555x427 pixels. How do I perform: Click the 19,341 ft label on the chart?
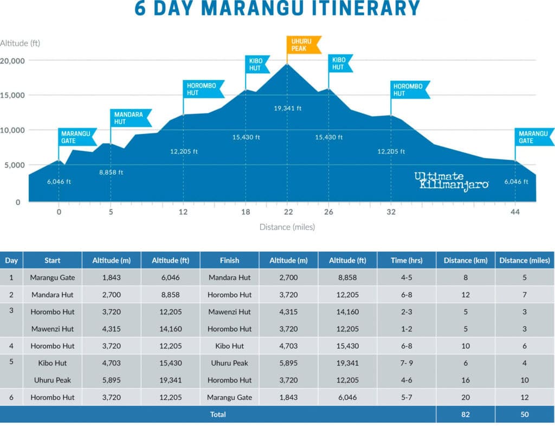(x=287, y=108)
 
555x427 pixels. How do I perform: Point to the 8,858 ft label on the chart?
(x=111, y=173)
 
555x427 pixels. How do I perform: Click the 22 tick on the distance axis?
(x=288, y=212)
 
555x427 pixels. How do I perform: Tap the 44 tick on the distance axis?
(x=515, y=212)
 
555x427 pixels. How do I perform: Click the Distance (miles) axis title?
(x=287, y=227)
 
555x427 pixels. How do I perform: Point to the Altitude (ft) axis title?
(x=20, y=43)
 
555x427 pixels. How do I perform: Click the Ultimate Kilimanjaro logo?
(x=451, y=180)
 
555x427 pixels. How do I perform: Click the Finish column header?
(x=229, y=260)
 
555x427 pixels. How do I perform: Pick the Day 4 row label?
(x=11, y=346)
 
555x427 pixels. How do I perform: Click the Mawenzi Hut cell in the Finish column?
(x=229, y=312)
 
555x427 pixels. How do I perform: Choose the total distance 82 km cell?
(x=466, y=414)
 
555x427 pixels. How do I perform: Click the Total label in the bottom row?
(x=218, y=414)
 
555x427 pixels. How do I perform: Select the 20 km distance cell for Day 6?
(x=466, y=397)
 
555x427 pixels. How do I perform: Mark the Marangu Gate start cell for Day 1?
(x=53, y=277)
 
